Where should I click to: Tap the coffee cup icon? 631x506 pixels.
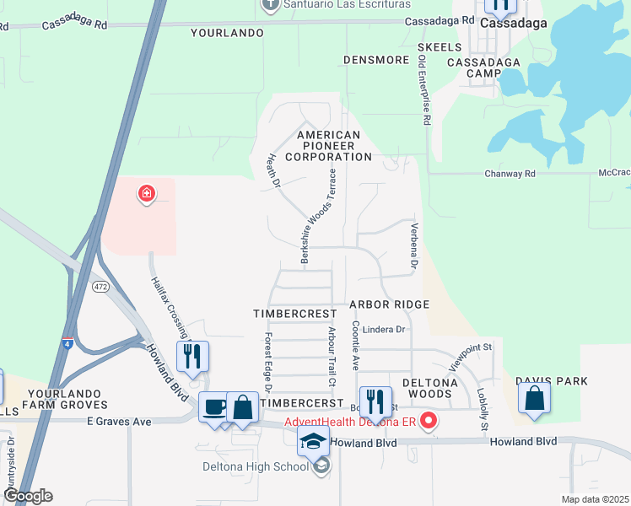click(x=214, y=407)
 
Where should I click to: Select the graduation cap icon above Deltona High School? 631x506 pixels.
click(x=312, y=441)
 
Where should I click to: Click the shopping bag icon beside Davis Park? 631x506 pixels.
click(x=535, y=397)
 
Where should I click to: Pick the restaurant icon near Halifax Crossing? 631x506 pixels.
click(x=193, y=357)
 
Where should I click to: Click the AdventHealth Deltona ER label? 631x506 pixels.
click(x=351, y=422)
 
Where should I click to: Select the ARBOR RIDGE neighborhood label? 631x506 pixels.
click(x=390, y=304)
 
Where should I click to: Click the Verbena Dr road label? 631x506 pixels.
click(x=415, y=246)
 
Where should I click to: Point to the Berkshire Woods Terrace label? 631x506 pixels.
click(x=319, y=217)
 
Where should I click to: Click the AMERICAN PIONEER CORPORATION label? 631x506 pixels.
click(x=328, y=146)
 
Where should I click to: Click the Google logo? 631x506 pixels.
click(x=28, y=496)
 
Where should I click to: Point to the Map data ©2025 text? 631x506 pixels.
click(x=595, y=499)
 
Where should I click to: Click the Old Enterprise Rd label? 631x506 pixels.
click(x=423, y=90)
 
